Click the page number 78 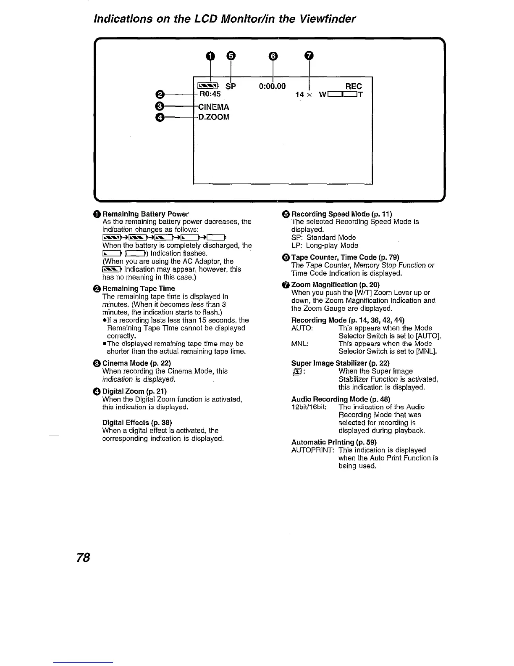coord(83,558)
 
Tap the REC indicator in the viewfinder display coord(353,86)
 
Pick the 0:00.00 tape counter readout coord(272,86)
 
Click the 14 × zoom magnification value coord(304,95)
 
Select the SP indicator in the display coord(231,86)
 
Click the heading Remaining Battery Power coord(145,214)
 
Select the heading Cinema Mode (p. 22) coord(136,363)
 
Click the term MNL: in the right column coord(300,344)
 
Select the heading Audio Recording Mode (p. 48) coord(341,399)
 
